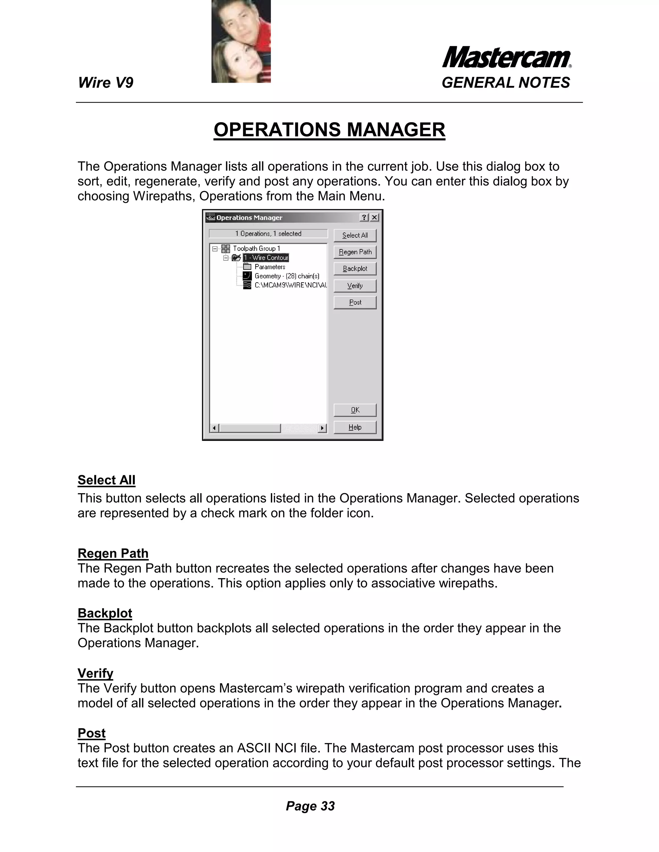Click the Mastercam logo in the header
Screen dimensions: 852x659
click(x=506, y=58)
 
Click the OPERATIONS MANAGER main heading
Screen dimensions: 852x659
click(x=329, y=130)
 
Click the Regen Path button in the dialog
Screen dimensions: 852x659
click(x=355, y=252)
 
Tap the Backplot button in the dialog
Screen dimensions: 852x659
click(x=355, y=269)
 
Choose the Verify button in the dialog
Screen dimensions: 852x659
click(x=355, y=286)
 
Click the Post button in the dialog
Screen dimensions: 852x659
click(x=355, y=302)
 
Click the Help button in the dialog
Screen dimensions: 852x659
click(x=355, y=427)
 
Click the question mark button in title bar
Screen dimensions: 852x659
click(x=364, y=217)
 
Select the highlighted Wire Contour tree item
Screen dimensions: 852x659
click(x=266, y=258)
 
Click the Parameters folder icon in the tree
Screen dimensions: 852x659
click(x=247, y=267)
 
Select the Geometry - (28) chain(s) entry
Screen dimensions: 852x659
click(x=287, y=276)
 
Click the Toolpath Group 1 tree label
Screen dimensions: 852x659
click(x=256, y=249)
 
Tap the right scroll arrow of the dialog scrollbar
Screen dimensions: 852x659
click(x=322, y=428)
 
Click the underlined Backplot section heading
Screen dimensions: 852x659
click(x=105, y=613)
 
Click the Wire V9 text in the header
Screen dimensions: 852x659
click(x=106, y=83)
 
